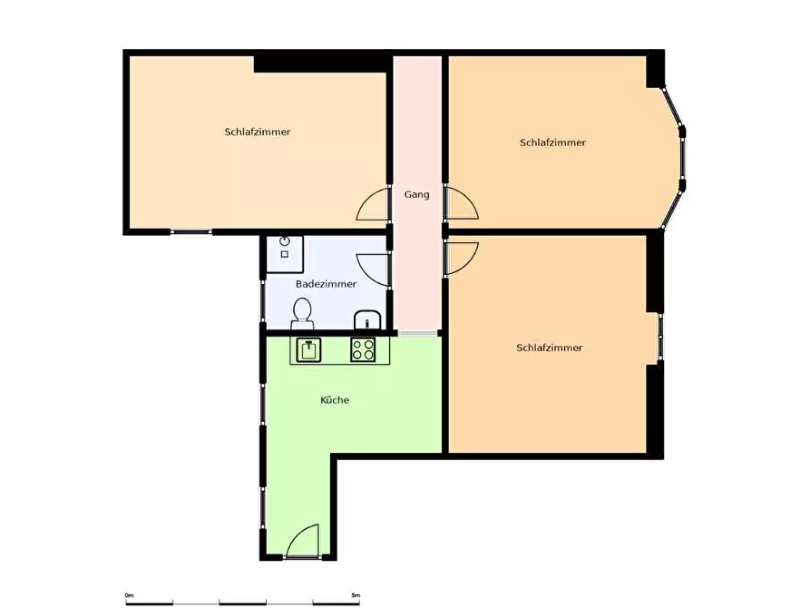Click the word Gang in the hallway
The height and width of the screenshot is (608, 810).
click(416, 195)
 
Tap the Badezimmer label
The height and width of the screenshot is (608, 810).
click(326, 284)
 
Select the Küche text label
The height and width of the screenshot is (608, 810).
click(335, 399)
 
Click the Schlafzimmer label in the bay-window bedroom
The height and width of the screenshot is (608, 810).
click(552, 142)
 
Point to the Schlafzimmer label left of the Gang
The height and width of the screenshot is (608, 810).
click(258, 132)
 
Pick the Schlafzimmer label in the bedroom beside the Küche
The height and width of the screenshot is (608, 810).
click(549, 348)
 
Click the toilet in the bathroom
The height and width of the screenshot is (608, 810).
click(302, 313)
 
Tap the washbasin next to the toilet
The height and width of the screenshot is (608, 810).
click(367, 320)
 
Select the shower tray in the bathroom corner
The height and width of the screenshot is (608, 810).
click(284, 254)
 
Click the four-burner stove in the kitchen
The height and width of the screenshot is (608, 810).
click(363, 349)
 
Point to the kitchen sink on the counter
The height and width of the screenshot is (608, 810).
click(309, 349)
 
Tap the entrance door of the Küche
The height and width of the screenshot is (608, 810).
click(302, 541)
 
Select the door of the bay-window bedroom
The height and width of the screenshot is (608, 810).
click(462, 203)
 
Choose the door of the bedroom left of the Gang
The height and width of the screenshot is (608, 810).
click(373, 203)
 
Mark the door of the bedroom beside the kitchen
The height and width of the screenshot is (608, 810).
click(461, 259)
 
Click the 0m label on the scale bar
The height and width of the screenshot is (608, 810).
click(129, 595)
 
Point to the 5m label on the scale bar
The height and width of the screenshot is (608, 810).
click(356, 595)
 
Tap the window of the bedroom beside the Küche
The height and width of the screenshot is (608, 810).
click(659, 337)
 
